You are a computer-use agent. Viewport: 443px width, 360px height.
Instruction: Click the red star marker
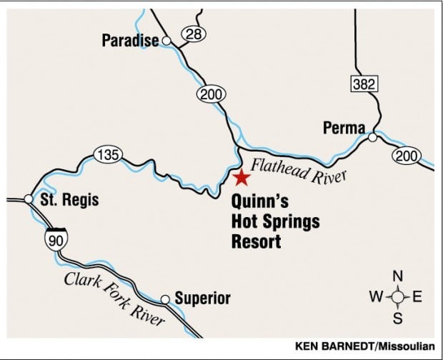click(242, 177)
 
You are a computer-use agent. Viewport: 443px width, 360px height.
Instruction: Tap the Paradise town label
click(129, 41)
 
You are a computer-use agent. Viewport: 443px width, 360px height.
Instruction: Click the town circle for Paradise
click(166, 41)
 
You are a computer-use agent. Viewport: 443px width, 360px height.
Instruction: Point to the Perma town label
click(344, 129)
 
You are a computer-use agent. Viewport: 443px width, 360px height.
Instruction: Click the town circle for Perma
click(372, 137)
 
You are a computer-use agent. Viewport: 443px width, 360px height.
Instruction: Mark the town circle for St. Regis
click(28, 199)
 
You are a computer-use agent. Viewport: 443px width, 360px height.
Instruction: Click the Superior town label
click(202, 299)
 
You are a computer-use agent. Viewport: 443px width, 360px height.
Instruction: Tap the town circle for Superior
click(165, 299)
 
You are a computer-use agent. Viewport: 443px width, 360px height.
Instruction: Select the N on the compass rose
click(399, 276)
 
